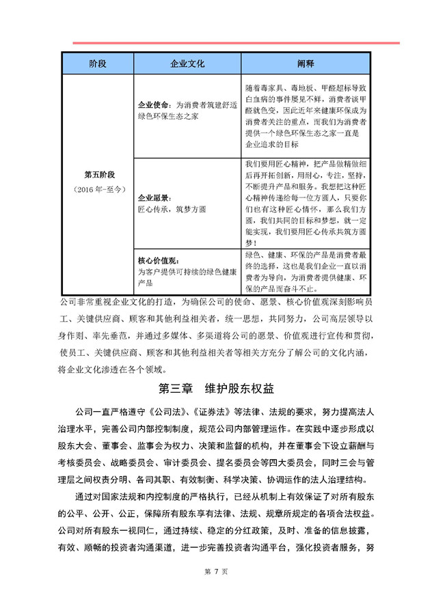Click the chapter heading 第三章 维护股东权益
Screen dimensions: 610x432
216,389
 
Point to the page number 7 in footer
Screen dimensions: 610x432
216,590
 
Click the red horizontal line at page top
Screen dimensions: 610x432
236,43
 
